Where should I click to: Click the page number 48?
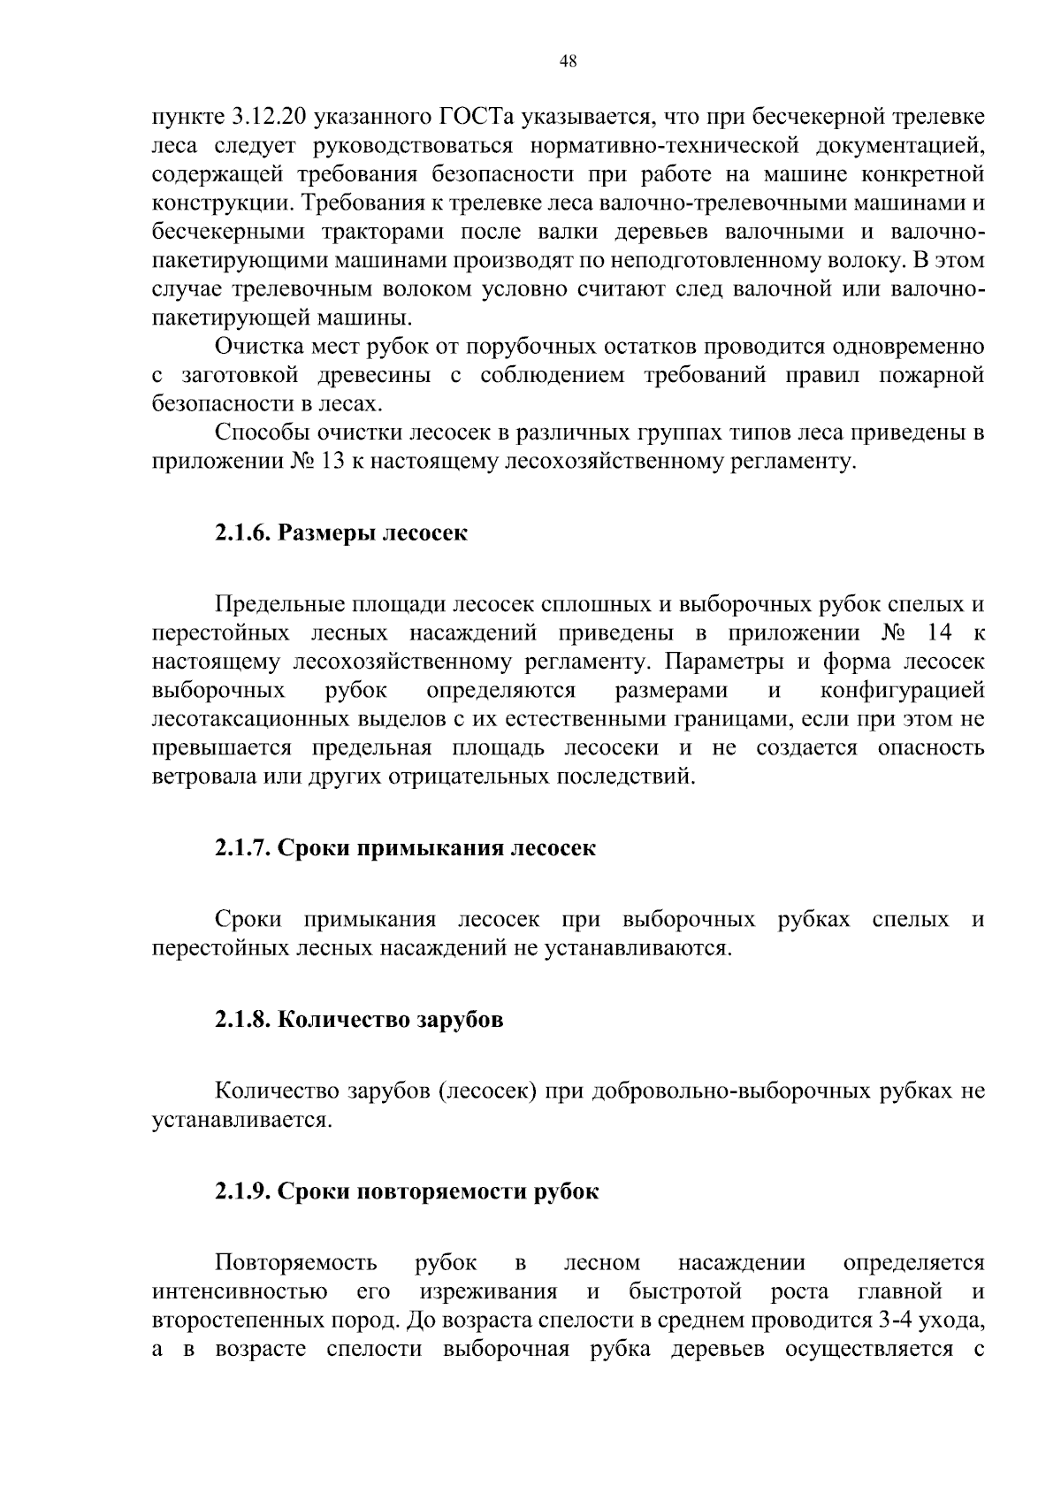569,61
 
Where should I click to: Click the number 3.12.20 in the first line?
269,117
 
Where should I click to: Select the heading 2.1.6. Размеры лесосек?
340,533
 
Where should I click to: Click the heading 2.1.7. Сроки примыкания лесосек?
405,848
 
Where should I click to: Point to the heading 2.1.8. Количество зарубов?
359,1020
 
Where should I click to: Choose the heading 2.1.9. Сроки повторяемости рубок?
407,1191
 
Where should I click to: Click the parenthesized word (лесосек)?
488,1091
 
